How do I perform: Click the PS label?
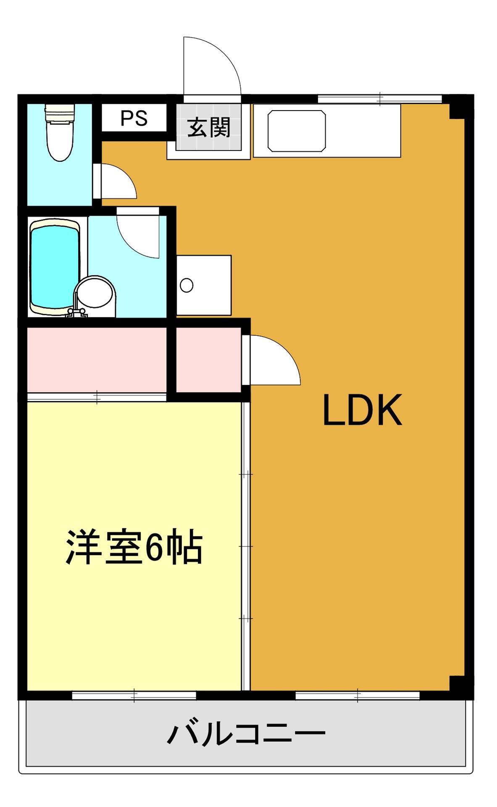point(134,119)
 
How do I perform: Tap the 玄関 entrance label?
point(209,127)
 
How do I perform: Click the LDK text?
point(362,410)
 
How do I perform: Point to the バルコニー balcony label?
point(247,733)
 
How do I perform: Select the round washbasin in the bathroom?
point(95,291)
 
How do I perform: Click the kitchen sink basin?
point(296,131)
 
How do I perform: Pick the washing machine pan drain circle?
point(187,285)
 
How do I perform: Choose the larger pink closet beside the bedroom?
point(97,359)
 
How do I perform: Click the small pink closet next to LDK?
point(208,359)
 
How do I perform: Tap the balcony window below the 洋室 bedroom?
point(134,696)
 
